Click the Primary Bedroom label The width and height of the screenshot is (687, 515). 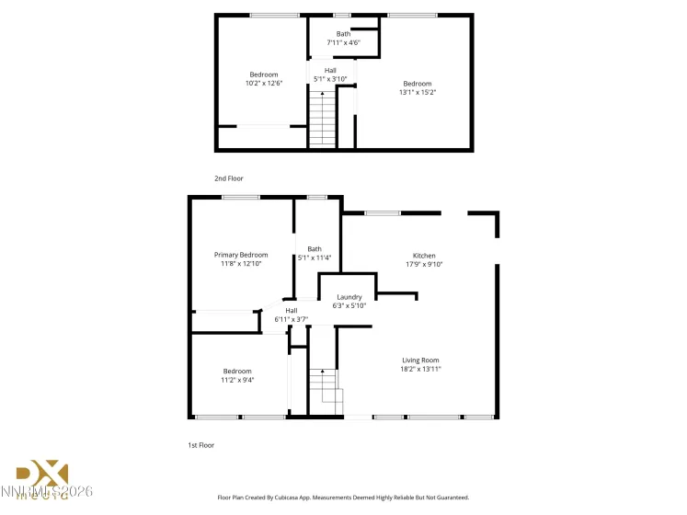(241, 255)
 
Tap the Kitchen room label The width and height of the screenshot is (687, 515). (424, 256)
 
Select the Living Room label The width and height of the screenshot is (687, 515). (420, 360)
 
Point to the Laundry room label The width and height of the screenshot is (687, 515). (349, 297)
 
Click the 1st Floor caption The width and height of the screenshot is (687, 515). (201, 445)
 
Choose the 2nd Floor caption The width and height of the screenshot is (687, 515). (229, 177)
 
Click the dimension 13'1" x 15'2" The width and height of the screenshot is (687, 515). (417, 92)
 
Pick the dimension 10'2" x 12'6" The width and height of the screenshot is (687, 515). (263, 84)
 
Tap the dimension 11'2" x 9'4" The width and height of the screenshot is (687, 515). (236, 380)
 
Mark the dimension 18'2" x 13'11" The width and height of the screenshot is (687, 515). (420, 369)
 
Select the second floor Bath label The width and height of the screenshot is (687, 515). (342, 34)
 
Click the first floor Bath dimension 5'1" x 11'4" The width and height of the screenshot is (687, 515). (315, 257)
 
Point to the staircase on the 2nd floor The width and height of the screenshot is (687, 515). (322, 121)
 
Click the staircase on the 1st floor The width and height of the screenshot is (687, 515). (324, 391)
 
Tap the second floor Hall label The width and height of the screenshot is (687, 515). (330, 70)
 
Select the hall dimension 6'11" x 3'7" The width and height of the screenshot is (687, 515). (291, 319)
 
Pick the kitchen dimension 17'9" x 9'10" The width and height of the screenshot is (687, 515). (424, 265)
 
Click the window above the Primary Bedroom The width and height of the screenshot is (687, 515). (239, 197)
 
